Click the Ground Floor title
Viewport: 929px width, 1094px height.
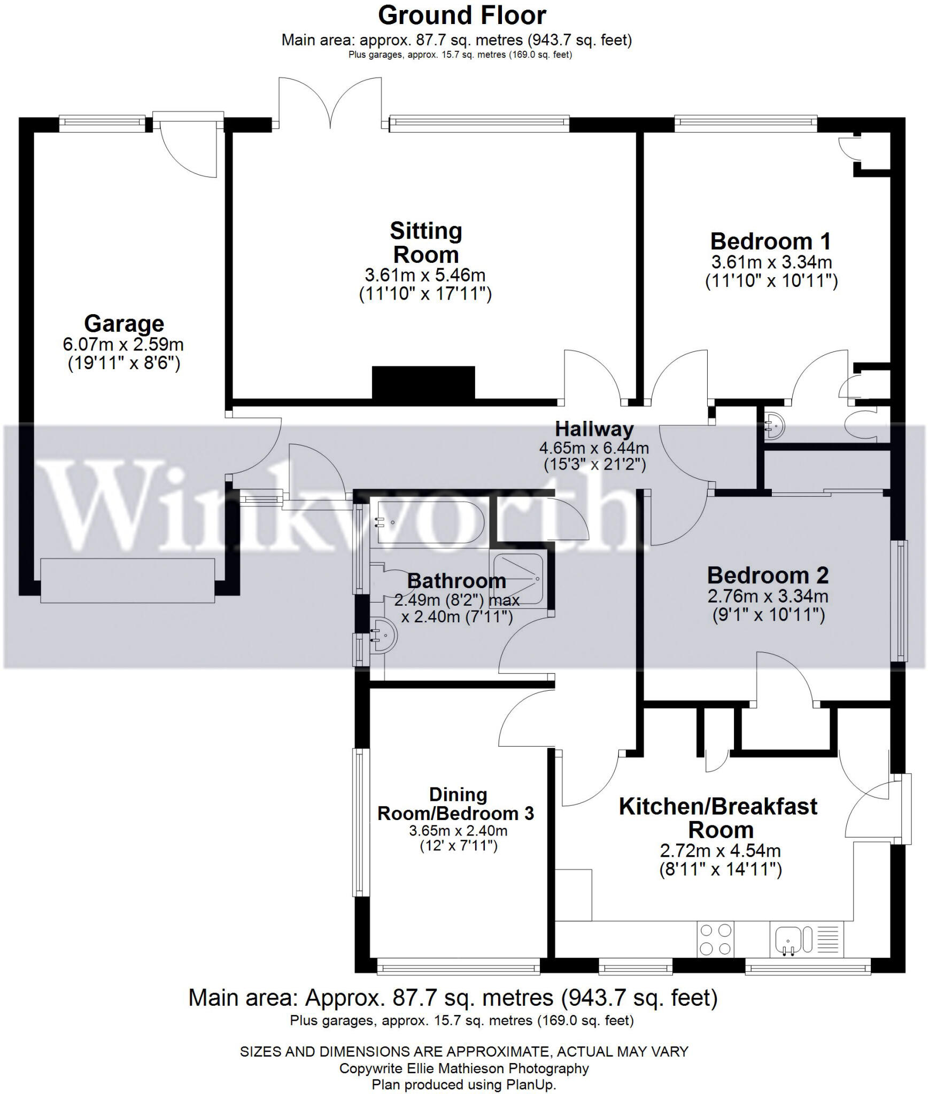pos(462,15)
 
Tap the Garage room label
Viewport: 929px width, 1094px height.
pos(124,324)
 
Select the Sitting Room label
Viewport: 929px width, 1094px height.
pos(426,243)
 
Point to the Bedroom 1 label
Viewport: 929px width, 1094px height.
pos(770,241)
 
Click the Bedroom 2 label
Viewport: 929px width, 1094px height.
pos(768,576)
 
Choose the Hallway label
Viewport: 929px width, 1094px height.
pos(594,429)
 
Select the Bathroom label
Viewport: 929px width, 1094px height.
pos(456,581)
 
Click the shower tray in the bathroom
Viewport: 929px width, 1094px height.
pos(518,579)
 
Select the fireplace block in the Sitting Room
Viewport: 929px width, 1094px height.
pos(423,382)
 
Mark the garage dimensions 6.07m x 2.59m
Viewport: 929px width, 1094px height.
pos(123,345)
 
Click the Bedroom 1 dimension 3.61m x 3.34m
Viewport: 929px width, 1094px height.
pos(771,262)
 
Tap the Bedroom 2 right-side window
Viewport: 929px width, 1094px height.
pos(902,600)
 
